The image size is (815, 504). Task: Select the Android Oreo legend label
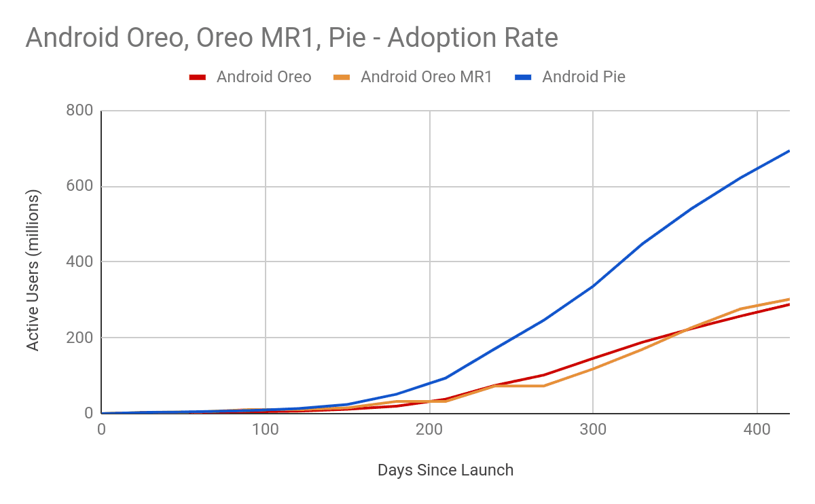coord(264,77)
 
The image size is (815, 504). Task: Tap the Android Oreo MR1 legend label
coord(426,77)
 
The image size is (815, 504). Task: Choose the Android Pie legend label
coord(583,77)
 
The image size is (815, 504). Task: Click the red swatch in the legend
coord(198,77)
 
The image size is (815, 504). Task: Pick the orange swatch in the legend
coord(342,77)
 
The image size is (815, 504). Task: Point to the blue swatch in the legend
coord(523,77)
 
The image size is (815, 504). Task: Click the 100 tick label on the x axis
coord(265,429)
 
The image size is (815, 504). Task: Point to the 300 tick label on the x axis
coord(593,429)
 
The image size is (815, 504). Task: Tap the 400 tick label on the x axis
coord(757,429)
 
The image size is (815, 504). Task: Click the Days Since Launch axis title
coord(445,470)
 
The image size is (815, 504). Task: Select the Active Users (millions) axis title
coord(33,270)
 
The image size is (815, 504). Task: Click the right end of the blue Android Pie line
coord(789,151)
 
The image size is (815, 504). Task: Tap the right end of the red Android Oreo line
coord(789,304)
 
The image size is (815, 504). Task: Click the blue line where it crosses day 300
coord(593,286)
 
